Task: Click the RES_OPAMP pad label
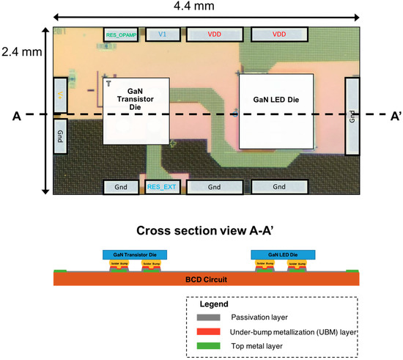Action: pos(122,34)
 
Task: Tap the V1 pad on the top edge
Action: pos(163,34)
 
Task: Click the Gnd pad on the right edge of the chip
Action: pos(352,114)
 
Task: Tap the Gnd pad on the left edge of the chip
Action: pos(59,138)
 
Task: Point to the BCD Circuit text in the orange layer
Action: pos(206,279)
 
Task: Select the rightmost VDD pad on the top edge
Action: pos(278,34)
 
